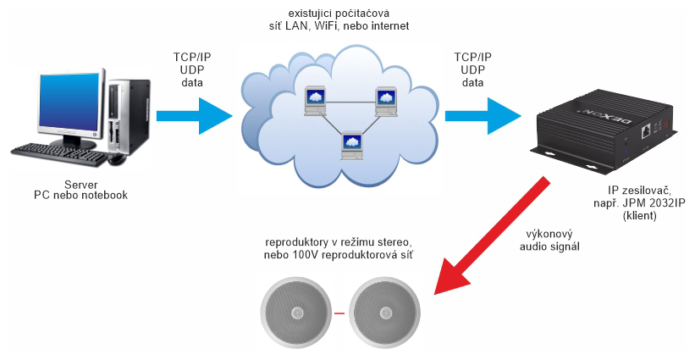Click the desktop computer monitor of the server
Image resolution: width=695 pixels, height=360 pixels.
68,105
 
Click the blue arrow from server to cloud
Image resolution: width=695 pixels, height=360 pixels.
195,114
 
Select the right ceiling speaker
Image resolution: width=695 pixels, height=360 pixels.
386,313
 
